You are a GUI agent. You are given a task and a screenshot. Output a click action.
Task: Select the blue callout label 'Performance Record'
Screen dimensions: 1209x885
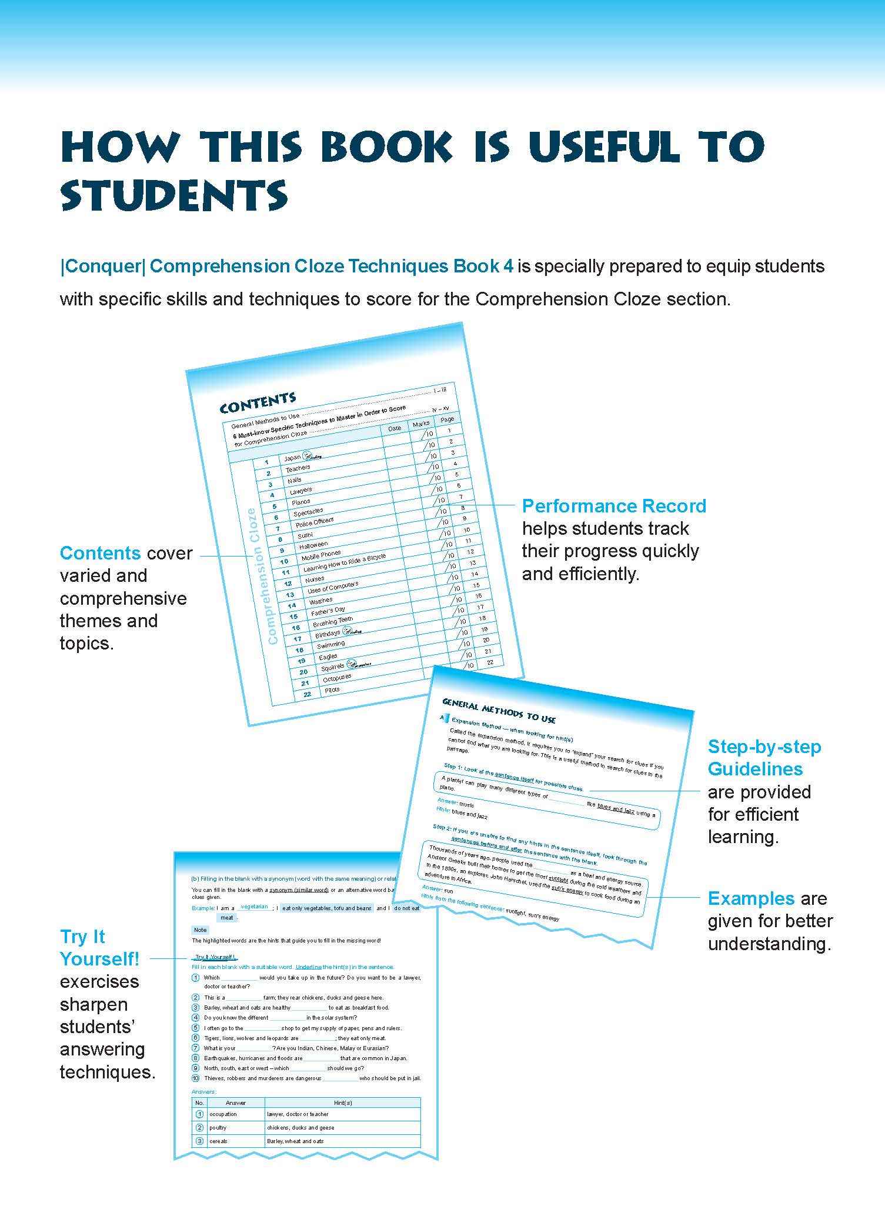614,506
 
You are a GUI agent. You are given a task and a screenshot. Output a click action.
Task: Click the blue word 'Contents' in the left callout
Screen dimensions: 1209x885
100,553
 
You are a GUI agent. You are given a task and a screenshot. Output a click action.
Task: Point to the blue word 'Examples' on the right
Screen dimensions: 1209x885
751,898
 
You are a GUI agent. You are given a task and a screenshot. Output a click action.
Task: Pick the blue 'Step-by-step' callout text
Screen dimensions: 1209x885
764,747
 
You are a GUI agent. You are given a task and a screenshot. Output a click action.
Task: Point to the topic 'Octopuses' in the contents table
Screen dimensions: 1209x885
337,678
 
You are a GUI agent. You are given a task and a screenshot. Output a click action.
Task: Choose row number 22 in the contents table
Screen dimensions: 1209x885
307,694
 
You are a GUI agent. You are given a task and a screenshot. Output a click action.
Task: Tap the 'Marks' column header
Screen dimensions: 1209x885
421,423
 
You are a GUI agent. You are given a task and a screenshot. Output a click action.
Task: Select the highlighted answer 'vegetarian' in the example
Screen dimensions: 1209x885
254,907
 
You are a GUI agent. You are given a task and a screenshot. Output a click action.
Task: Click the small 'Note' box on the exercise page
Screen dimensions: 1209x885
200,930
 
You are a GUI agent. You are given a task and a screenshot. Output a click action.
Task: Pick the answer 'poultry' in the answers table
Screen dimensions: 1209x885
218,1127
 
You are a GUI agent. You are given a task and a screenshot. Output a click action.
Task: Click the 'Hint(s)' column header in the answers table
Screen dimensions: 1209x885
342,1102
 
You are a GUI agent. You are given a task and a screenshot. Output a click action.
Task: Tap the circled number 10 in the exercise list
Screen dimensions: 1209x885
196,1078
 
